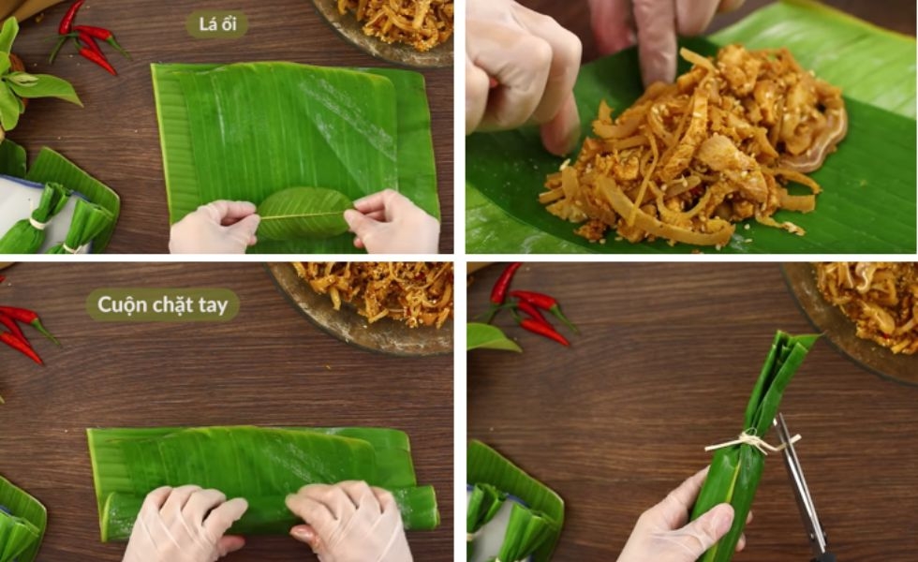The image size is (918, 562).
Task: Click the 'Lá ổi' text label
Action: point(217,24)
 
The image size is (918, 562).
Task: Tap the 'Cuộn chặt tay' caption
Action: point(162,304)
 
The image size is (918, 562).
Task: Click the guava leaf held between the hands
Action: point(304,214)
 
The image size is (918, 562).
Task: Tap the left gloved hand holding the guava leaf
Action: point(215,227)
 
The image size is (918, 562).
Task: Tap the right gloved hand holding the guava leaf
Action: point(392,221)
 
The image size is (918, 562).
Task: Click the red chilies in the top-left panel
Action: point(88,38)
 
